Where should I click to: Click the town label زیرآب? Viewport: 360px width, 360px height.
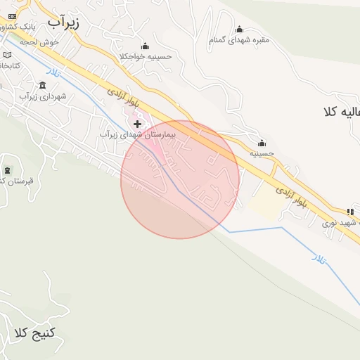point(64,22)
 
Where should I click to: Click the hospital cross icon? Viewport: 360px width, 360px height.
point(137,123)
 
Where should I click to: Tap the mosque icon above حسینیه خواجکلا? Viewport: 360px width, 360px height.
point(145,45)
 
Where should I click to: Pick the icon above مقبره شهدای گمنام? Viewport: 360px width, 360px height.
point(239,29)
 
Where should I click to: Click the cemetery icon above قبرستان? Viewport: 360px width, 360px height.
point(8,171)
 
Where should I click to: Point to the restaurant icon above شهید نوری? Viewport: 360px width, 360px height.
point(349,212)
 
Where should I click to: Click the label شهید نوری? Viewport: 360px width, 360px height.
point(340,222)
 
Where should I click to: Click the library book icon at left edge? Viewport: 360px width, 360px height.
point(8,54)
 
